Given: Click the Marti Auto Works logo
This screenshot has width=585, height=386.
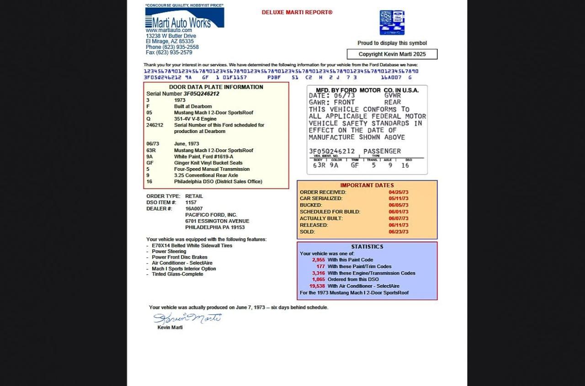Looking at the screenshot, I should pyautogui.click(x=184, y=18).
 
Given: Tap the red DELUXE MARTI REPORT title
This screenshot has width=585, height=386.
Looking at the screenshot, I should pyautogui.click(x=297, y=12).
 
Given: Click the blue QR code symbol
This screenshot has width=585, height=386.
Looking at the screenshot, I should pyautogui.click(x=392, y=22).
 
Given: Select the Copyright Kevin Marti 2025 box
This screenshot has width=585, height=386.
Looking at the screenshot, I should pyautogui.click(x=392, y=54).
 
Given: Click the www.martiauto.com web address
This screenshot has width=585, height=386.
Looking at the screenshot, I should pyautogui.click(x=169, y=30).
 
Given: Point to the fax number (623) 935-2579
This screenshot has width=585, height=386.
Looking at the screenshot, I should pyautogui.click(x=169, y=53).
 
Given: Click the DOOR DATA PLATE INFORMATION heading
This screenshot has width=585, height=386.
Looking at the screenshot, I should pyautogui.click(x=216, y=87).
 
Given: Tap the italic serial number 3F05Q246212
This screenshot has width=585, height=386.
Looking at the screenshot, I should pyautogui.click(x=201, y=94).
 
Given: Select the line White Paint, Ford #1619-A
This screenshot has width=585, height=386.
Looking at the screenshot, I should pyautogui.click(x=203, y=157).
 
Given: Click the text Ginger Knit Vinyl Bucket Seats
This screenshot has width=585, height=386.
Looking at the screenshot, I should pyautogui.click(x=208, y=163).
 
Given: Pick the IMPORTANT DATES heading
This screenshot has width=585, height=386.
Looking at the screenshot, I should pyautogui.click(x=367, y=185).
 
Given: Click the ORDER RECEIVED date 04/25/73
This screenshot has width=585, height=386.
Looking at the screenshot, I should pyautogui.click(x=398, y=192).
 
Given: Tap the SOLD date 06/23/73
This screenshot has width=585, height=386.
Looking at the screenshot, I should pyautogui.click(x=398, y=232).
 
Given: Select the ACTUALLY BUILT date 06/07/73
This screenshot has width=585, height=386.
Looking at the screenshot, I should pyautogui.click(x=398, y=218).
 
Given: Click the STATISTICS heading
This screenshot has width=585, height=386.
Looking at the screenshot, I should pyautogui.click(x=367, y=247).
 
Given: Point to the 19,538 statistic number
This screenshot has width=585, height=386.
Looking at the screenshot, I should pyautogui.click(x=317, y=286).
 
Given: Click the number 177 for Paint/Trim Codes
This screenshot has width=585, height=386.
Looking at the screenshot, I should pyautogui.click(x=320, y=266).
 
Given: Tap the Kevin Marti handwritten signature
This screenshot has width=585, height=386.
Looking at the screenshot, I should pyautogui.click(x=187, y=318).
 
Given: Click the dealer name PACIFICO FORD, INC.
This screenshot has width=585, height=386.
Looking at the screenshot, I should pyautogui.click(x=211, y=215).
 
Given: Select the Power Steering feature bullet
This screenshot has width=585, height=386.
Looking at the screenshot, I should pyautogui.click(x=169, y=251).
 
